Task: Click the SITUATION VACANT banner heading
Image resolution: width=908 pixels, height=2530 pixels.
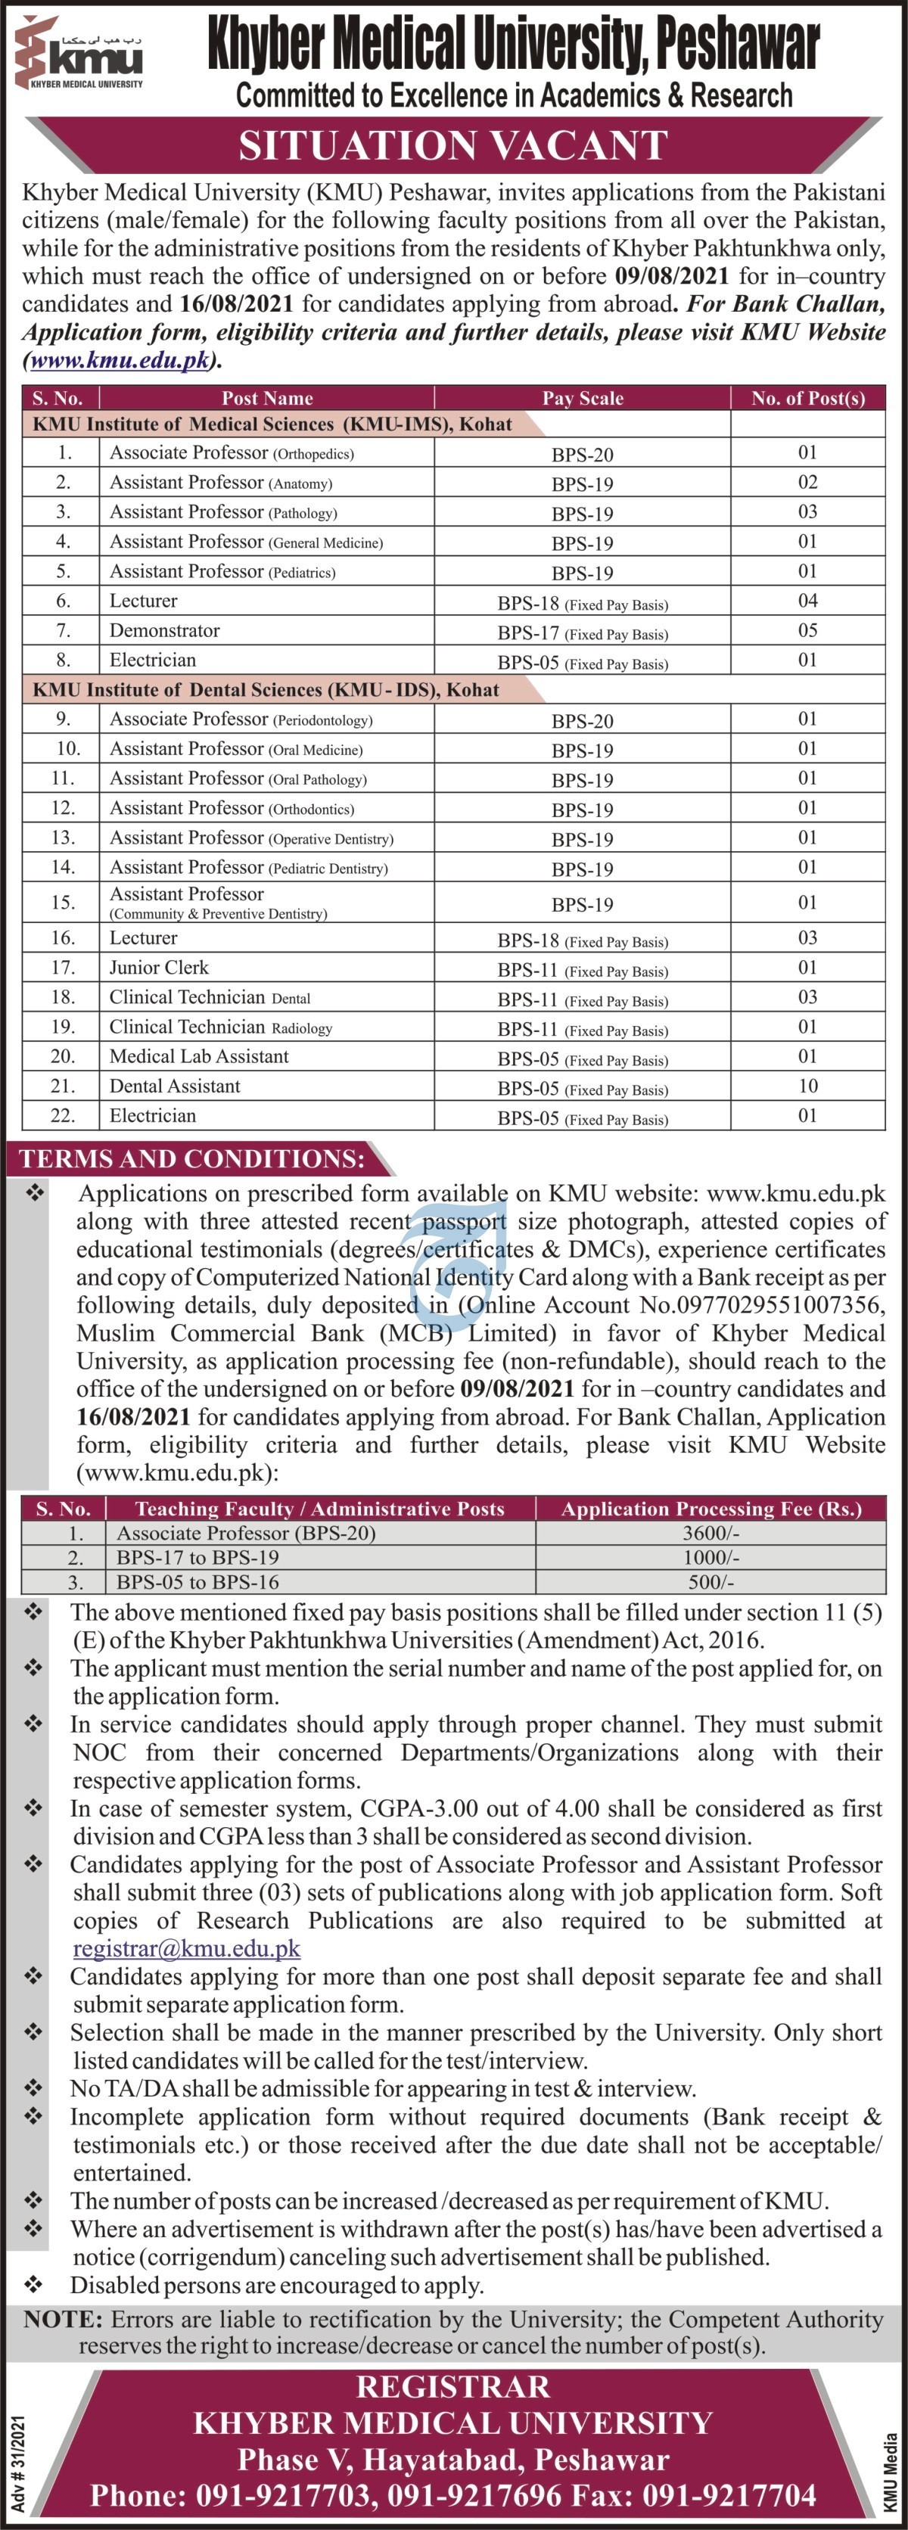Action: (453, 146)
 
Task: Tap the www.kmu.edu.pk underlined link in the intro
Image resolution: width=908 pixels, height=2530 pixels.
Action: (120, 360)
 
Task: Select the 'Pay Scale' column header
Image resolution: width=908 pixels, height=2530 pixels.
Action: (582, 398)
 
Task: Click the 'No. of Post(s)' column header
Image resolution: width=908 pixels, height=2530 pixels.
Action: (808, 398)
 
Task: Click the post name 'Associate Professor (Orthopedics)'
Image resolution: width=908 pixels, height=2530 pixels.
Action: (232, 452)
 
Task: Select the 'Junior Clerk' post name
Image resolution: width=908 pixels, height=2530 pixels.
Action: (159, 968)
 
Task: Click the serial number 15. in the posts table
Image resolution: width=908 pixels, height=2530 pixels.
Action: (63, 902)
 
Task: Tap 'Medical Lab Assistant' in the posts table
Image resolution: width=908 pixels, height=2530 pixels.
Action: (200, 1055)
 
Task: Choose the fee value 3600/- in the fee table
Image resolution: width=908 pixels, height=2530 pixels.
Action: (711, 1533)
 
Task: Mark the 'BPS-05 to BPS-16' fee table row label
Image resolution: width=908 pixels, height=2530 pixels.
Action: (197, 1582)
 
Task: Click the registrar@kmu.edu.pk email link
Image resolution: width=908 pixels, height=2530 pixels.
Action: (187, 1949)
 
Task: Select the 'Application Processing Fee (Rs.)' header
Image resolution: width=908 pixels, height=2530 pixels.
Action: (711, 1509)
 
